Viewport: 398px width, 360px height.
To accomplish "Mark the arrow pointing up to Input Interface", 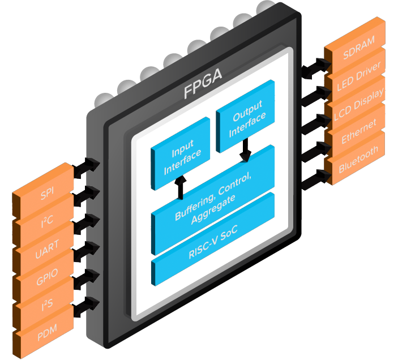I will pyautogui.click(x=181, y=187).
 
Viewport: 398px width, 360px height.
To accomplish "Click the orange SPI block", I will pyautogui.click(x=45, y=198).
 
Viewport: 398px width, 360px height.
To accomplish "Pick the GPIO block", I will pyautogui.click(x=45, y=280).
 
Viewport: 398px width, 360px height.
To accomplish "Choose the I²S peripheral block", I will pyautogui.click(x=45, y=307).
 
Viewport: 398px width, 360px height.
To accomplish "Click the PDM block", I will pyautogui.click(x=45, y=335).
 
